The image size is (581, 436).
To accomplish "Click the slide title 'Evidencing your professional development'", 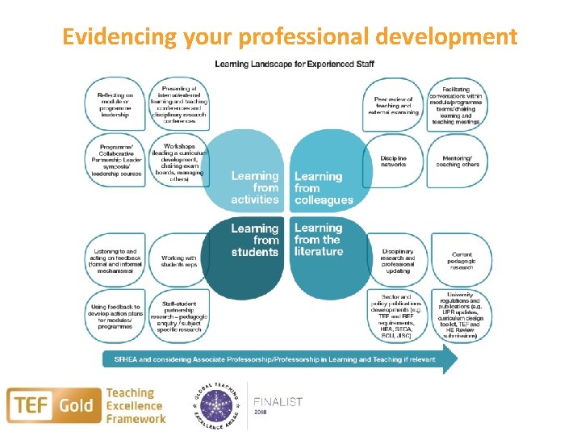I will pyautogui.click(x=290, y=37).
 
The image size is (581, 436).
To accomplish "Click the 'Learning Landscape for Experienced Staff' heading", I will pyautogui.click(x=294, y=64).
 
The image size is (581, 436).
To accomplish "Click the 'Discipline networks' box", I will pyautogui.click(x=395, y=162).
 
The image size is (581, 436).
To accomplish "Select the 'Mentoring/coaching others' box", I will pyautogui.click(x=458, y=162).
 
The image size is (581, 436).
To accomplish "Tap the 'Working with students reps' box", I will pyautogui.click(x=178, y=260).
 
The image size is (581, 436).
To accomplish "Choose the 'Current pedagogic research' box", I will pyautogui.click(x=458, y=260).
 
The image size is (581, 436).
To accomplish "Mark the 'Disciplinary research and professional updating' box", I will pyautogui.click(x=395, y=260).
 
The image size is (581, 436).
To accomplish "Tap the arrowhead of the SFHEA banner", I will pyautogui.click(x=449, y=359).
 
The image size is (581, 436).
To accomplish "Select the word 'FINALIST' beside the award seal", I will pyautogui.click(x=278, y=401).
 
